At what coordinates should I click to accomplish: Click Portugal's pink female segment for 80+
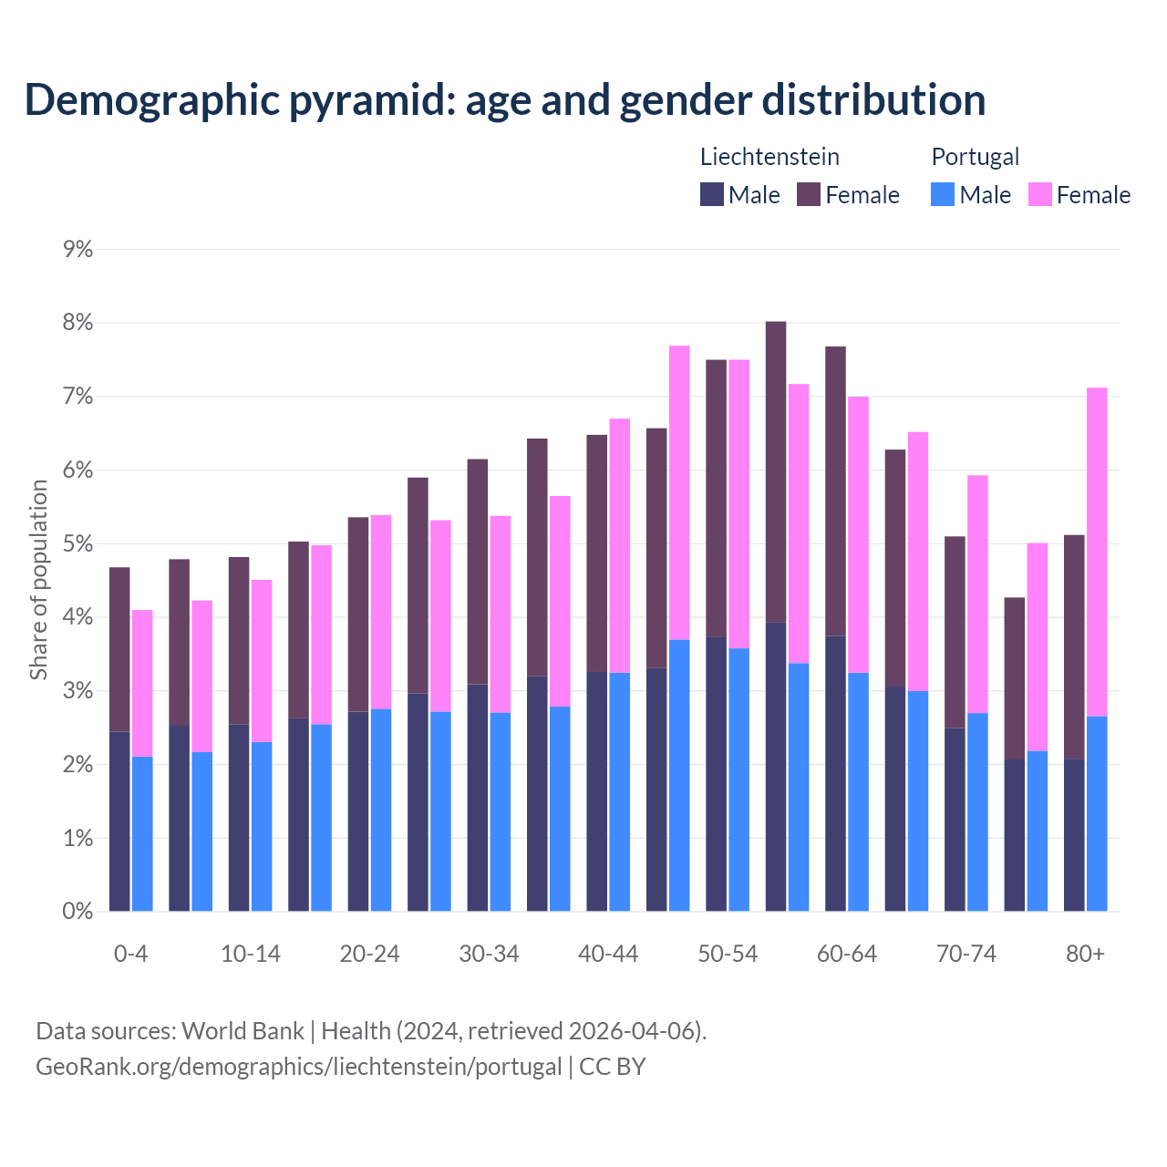1097,552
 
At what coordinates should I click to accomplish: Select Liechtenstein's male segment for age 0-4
119,821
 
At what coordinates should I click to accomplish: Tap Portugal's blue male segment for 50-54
738,780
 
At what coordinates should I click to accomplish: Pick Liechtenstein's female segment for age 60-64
835,491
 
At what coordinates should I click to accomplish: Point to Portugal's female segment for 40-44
620,545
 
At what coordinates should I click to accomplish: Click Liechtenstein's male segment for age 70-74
955,819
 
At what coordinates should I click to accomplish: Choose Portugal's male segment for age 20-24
381,810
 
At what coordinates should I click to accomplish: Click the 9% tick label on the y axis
78,250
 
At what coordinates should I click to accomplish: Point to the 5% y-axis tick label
78,544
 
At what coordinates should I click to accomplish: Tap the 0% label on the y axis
78,912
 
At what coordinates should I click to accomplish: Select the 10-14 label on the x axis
251,954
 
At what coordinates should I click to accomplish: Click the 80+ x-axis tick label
1085,954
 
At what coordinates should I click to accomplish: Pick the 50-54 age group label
728,954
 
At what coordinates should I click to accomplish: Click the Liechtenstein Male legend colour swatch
712,194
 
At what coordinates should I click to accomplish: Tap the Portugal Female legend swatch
1039,194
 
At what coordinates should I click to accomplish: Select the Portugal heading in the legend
975,157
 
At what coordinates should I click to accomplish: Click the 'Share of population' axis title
38,580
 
